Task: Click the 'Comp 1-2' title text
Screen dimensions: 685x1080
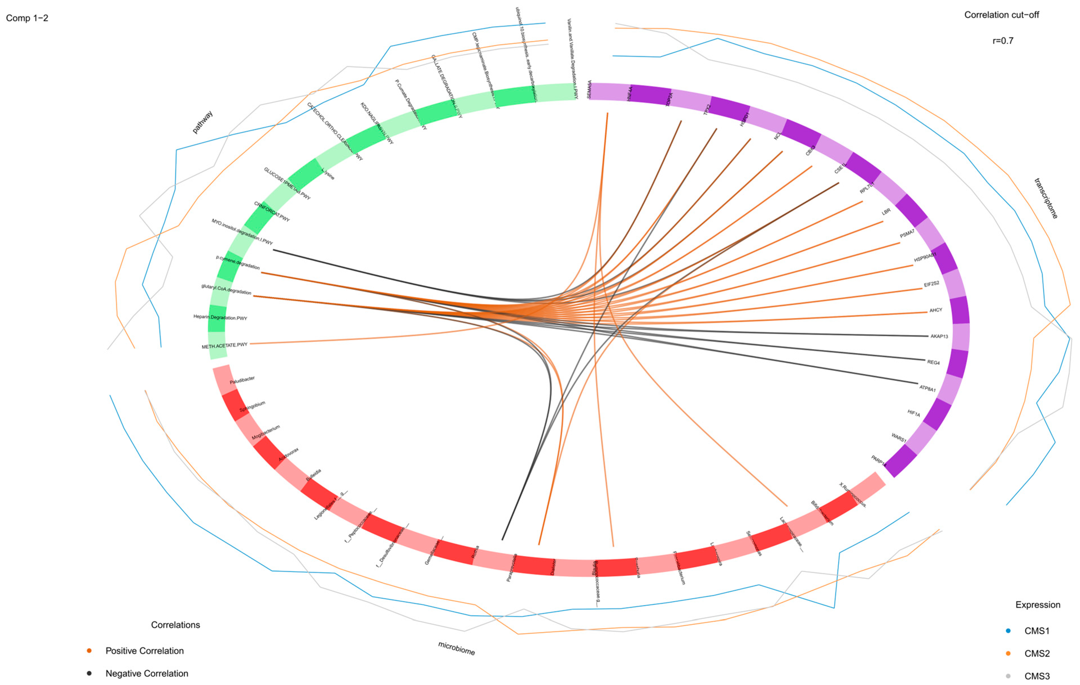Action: point(27,18)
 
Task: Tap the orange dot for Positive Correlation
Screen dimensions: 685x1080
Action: point(89,651)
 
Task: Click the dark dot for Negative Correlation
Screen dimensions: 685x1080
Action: point(89,673)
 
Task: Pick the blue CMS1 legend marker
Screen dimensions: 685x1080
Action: point(1008,631)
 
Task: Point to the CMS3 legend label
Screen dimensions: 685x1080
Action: point(1037,676)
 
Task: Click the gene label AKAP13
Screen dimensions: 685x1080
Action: point(939,336)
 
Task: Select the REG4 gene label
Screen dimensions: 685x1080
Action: point(933,362)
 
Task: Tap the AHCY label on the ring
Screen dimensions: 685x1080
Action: point(936,310)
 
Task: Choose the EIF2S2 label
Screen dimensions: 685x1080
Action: point(931,284)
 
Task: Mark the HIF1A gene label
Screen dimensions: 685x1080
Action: point(914,413)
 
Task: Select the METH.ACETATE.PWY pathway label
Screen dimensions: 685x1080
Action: point(224,346)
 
